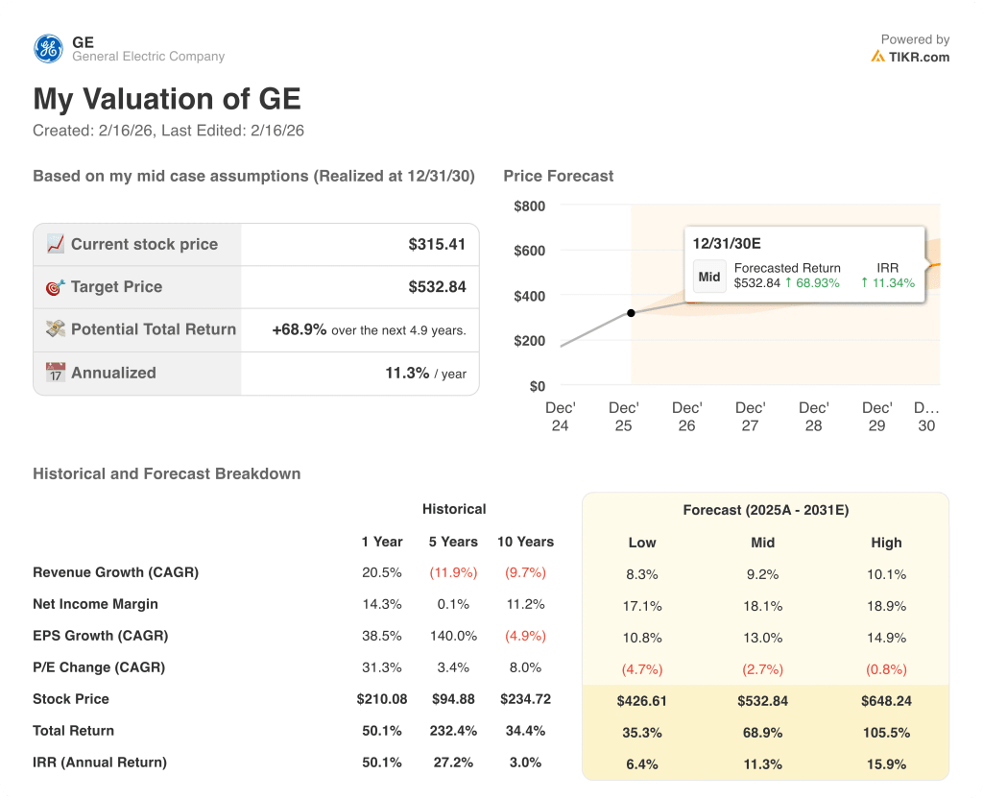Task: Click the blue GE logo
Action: [48, 48]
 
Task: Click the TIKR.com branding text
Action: [918, 57]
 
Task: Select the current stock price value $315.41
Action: [437, 244]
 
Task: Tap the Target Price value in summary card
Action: [437, 286]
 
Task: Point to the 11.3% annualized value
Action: [407, 373]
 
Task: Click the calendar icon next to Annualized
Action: [56, 373]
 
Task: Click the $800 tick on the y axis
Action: [529, 206]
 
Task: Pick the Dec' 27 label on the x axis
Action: [750, 417]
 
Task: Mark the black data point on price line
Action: [631, 313]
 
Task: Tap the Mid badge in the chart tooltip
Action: [709, 277]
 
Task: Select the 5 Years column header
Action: [453, 542]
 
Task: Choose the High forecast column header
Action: [886, 543]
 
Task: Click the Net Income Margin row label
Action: [95, 604]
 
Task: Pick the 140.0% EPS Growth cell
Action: [453, 636]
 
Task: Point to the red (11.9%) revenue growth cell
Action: [453, 572]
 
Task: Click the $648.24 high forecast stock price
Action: [886, 701]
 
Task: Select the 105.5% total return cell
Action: [886, 733]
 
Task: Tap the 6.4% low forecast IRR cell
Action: [641, 764]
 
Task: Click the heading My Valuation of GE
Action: [167, 99]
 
